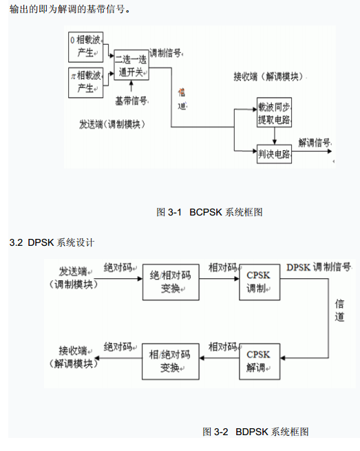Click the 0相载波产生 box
tap(85, 48)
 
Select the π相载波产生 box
tap(85, 83)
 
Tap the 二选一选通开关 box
tap(131, 65)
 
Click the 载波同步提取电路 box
tap(275, 112)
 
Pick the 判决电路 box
tap(275, 154)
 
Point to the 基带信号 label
tap(131, 101)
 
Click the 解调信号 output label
tap(315, 143)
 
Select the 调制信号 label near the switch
tap(166, 53)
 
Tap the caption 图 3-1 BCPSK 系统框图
tap(209, 212)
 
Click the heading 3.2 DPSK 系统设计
tap(52, 242)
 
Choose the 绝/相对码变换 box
tap(171, 282)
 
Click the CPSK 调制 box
tap(260, 282)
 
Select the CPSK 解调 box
tap(260, 361)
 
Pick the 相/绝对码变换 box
tap(171, 361)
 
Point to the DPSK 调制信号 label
tap(319, 267)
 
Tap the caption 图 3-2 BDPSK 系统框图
tap(255, 432)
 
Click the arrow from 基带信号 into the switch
tap(131, 86)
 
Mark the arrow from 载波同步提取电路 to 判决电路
tap(275, 136)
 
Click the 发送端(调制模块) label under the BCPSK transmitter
tap(112, 125)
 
